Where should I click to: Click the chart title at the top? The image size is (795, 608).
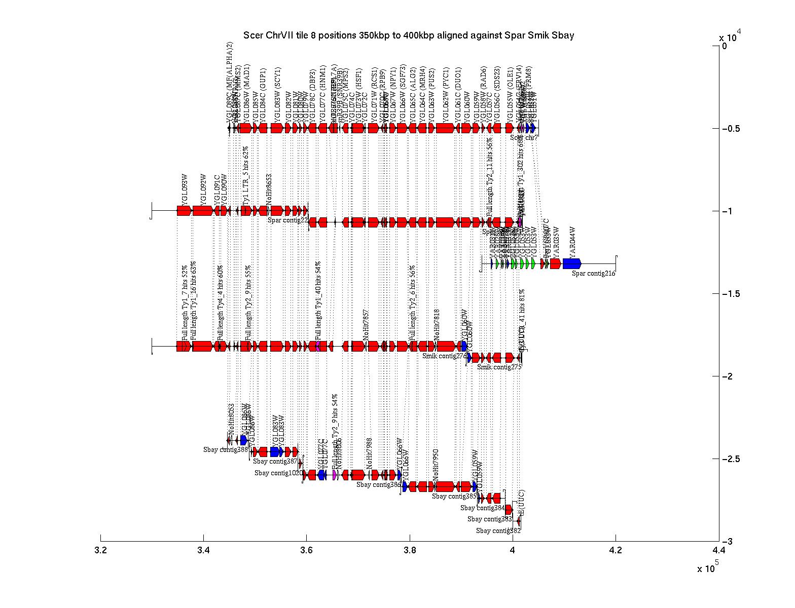point(408,35)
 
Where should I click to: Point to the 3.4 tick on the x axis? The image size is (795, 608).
point(203,538)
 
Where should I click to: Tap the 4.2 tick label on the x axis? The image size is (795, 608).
point(616,550)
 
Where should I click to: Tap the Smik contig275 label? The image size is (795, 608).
point(499,367)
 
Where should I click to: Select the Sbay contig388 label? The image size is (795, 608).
point(226,449)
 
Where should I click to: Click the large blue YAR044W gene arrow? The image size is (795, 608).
point(571,263)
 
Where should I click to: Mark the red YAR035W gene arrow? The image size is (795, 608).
point(555,263)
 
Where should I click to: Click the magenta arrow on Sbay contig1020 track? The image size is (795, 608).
point(335,475)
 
